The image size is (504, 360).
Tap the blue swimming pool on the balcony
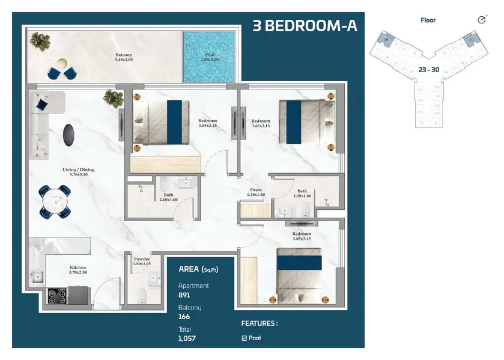[x=210, y=58]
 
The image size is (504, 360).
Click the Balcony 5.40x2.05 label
[x=124, y=58]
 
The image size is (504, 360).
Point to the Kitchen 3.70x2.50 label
[x=77, y=270]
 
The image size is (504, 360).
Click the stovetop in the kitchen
[x=58, y=295]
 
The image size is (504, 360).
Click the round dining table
[x=55, y=200]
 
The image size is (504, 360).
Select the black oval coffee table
[x=70, y=132]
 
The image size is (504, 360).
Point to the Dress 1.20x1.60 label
[x=255, y=192]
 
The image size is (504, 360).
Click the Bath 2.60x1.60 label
[x=168, y=197]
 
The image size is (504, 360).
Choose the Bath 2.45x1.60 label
[x=302, y=194]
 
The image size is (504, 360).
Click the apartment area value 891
[x=184, y=295]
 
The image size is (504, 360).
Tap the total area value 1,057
[x=187, y=338]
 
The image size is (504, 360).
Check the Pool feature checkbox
[x=244, y=338]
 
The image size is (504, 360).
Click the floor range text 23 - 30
[x=428, y=70]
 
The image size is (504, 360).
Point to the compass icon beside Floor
[x=481, y=20]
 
